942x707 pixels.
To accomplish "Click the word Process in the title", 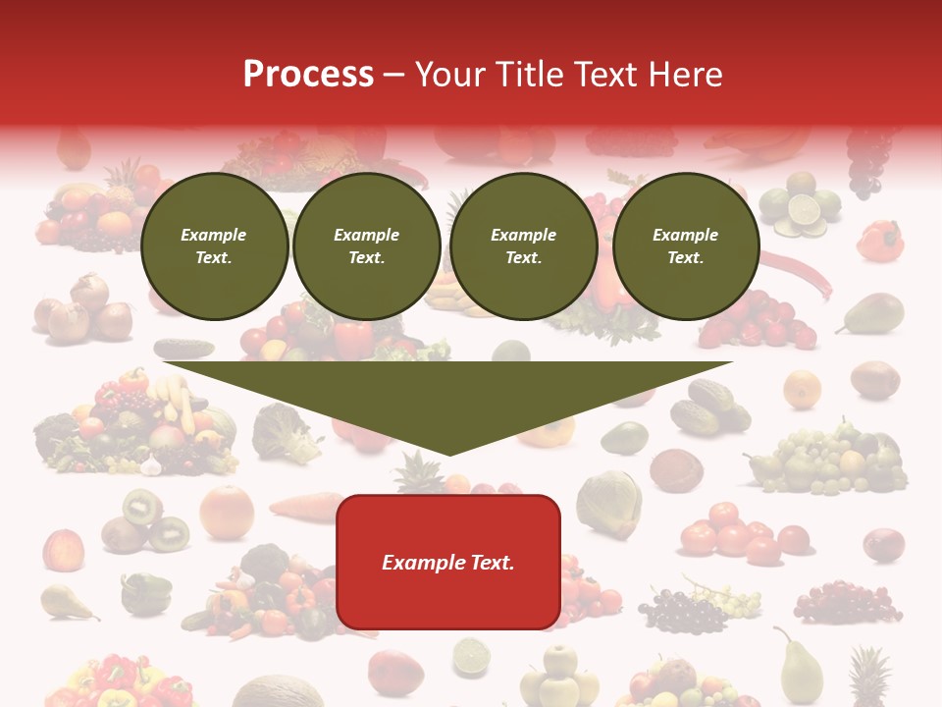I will tap(308, 75).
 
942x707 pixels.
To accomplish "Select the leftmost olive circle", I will tap(215, 246).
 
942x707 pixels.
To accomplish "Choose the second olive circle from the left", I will tap(367, 246).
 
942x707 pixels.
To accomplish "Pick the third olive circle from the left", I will tap(523, 246).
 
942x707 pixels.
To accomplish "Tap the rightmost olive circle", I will tap(686, 246).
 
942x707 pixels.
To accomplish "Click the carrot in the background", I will tap(305, 506).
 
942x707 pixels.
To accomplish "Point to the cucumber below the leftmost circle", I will tap(183, 348).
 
